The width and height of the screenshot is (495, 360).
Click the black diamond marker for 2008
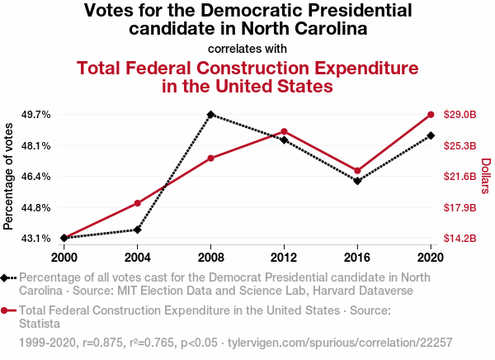(211, 115)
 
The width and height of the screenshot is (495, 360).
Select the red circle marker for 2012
(284, 131)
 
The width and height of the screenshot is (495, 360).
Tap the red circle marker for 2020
(431, 115)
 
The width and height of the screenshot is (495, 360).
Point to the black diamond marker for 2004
(138, 230)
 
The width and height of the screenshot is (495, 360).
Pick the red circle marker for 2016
(357, 171)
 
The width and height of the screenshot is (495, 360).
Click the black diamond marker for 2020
(431, 135)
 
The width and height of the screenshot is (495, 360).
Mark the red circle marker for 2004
(138, 203)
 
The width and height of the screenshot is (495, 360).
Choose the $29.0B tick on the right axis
(460, 115)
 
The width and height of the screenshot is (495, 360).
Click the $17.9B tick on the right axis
(460, 207)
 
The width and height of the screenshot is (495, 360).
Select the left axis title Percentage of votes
(9, 176)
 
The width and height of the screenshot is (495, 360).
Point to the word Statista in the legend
(40, 323)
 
